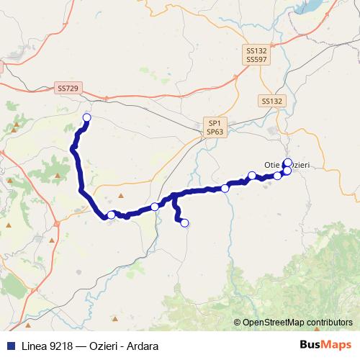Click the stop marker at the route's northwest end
pyautogui.click(x=87, y=117)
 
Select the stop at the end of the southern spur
pyautogui.click(x=184, y=223)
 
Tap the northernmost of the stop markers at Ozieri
pyautogui.click(x=287, y=163)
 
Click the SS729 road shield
pyautogui.click(x=68, y=88)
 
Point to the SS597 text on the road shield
pyautogui.click(x=256, y=60)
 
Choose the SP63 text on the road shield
pyautogui.click(x=215, y=132)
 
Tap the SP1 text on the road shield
pyautogui.click(x=215, y=123)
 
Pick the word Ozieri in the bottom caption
pyautogui.click(x=104, y=346)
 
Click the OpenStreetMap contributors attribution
pyautogui.click(x=297, y=323)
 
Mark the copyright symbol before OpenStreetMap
pyautogui.click(x=238, y=323)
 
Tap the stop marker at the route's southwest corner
pyautogui.click(x=111, y=215)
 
